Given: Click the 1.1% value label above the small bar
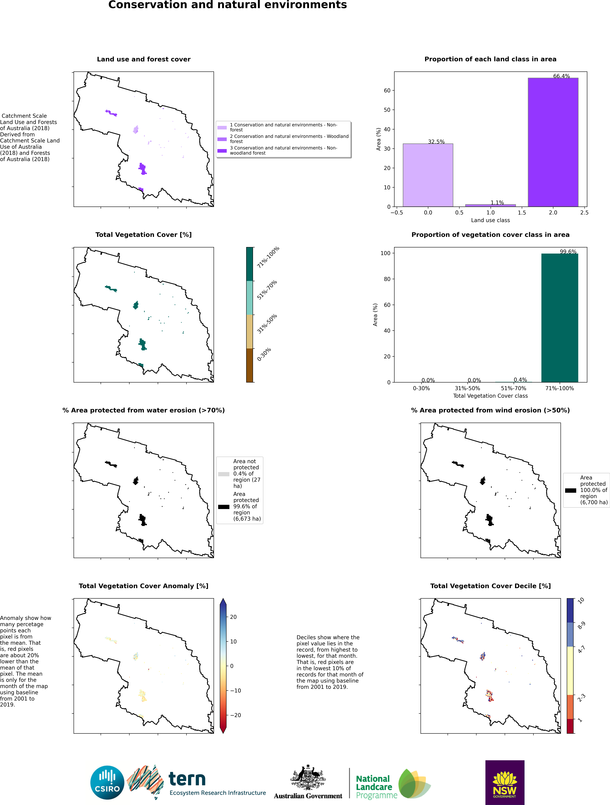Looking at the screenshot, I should coord(497,203).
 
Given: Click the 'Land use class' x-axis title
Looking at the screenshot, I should coord(490,220).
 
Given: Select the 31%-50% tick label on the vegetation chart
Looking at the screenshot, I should coord(467,388).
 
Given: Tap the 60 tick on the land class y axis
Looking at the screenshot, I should coord(387,91).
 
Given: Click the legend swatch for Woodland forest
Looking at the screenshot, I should coord(222,139).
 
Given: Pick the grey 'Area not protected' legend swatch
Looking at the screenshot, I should coord(224,474).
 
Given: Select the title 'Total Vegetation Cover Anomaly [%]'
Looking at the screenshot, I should coord(143,586).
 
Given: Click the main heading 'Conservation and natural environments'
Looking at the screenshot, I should coord(228,5).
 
